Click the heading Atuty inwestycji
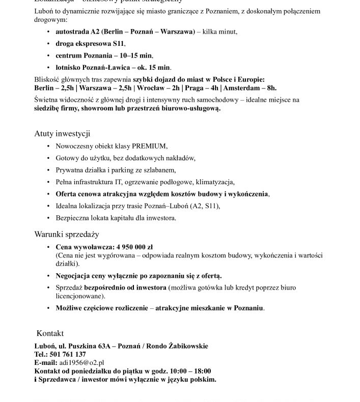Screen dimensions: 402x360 62,134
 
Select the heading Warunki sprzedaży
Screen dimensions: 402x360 66,235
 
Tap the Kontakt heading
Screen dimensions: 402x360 50,333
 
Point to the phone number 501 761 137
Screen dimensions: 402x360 67,354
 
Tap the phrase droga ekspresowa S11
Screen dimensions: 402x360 90,44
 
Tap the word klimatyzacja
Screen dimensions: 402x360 215,182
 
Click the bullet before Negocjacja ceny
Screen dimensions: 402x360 47,276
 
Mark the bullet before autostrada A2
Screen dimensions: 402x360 47,32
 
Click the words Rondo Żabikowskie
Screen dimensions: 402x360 179,346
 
